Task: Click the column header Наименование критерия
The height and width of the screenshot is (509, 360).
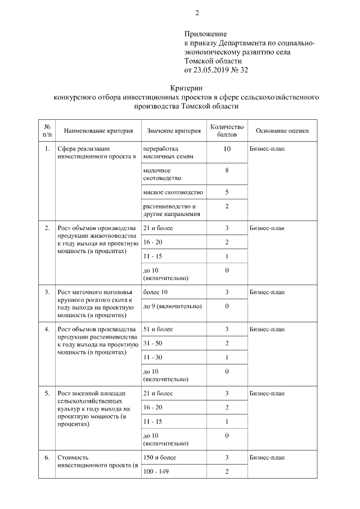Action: coord(98,131)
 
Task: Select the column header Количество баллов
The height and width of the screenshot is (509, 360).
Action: coord(227,131)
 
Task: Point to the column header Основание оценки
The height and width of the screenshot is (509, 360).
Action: coord(282,131)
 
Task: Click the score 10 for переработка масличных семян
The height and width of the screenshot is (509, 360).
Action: coord(227,150)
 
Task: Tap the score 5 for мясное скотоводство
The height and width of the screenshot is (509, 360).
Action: coord(227,192)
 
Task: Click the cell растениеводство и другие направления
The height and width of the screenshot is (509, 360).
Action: coord(169,210)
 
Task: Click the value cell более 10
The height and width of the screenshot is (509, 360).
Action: coord(155,292)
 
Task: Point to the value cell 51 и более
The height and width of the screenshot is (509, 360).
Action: coord(158,329)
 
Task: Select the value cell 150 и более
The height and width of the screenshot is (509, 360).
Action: coord(160,458)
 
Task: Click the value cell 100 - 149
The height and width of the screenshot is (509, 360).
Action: coord(156,471)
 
